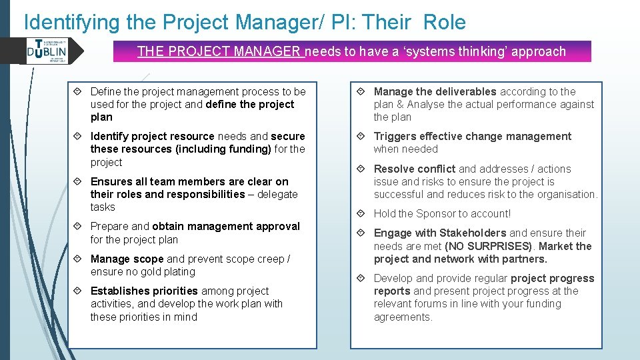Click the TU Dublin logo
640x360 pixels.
click(x=47, y=51)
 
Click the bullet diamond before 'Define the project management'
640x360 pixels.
click(x=79, y=92)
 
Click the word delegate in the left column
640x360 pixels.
click(x=277, y=195)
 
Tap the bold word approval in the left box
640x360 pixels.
click(x=276, y=227)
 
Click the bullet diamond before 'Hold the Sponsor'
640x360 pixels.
click(x=362, y=214)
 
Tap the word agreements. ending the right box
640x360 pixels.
click(x=403, y=317)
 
